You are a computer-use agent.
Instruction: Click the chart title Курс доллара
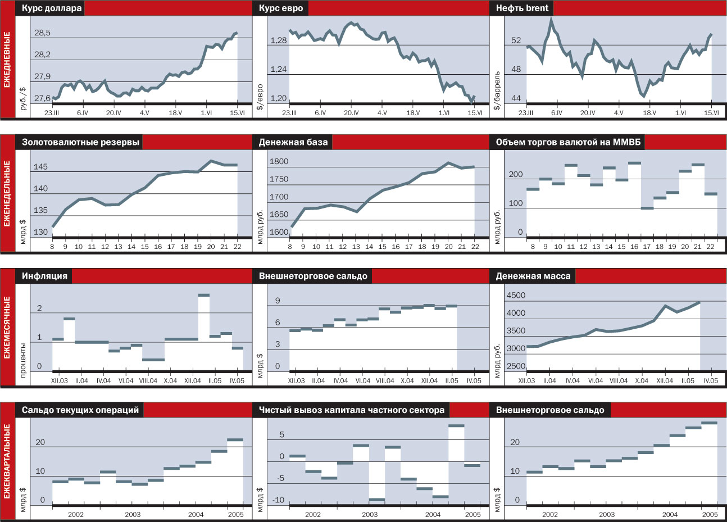pyautogui.click(x=52, y=8)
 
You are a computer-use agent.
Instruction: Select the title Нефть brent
pyautogui.click(x=522, y=8)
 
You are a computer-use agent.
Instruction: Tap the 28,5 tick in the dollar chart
pyautogui.click(x=42, y=33)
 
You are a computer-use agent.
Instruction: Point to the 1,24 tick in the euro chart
pyautogui.click(x=279, y=70)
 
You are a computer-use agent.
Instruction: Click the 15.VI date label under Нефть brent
pyautogui.click(x=712, y=112)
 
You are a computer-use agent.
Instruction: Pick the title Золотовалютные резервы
pyautogui.click(x=80, y=142)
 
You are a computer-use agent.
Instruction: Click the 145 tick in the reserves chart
pyautogui.click(x=40, y=167)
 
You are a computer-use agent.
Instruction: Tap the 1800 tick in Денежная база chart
pyautogui.click(x=279, y=162)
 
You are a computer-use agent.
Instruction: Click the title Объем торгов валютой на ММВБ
pyautogui.click(x=568, y=142)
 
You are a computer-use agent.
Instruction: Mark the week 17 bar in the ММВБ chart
pyautogui.click(x=647, y=208)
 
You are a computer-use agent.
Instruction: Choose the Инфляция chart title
pyautogui.click(x=44, y=276)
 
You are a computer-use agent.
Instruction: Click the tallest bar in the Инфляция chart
pyautogui.click(x=204, y=295)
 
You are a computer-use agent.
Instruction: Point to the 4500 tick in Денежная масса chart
pyautogui.click(x=516, y=296)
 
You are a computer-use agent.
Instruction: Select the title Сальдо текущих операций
pyautogui.click(x=80, y=410)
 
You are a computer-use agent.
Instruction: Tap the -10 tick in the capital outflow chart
pyautogui.click(x=278, y=501)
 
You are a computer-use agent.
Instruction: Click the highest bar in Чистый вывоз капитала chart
pyautogui.click(x=456, y=426)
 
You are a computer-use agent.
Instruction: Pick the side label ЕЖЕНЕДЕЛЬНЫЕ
pyautogui.click(x=7, y=193)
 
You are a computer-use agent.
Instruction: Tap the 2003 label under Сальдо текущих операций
pyautogui.click(x=133, y=514)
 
